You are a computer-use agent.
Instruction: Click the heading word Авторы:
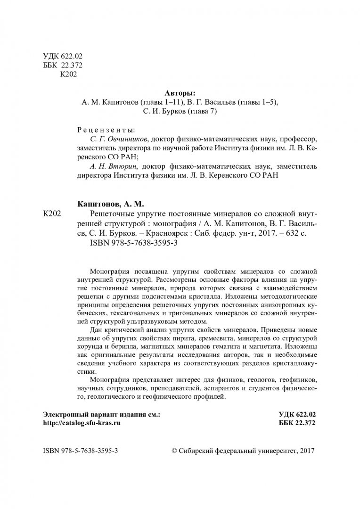click(x=180, y=93)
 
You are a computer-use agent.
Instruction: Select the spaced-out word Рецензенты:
click(x=105, y=130)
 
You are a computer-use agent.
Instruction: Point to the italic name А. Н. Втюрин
click(x=111, y=166)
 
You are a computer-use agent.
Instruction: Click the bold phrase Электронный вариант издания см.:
click(x=101, y=414)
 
